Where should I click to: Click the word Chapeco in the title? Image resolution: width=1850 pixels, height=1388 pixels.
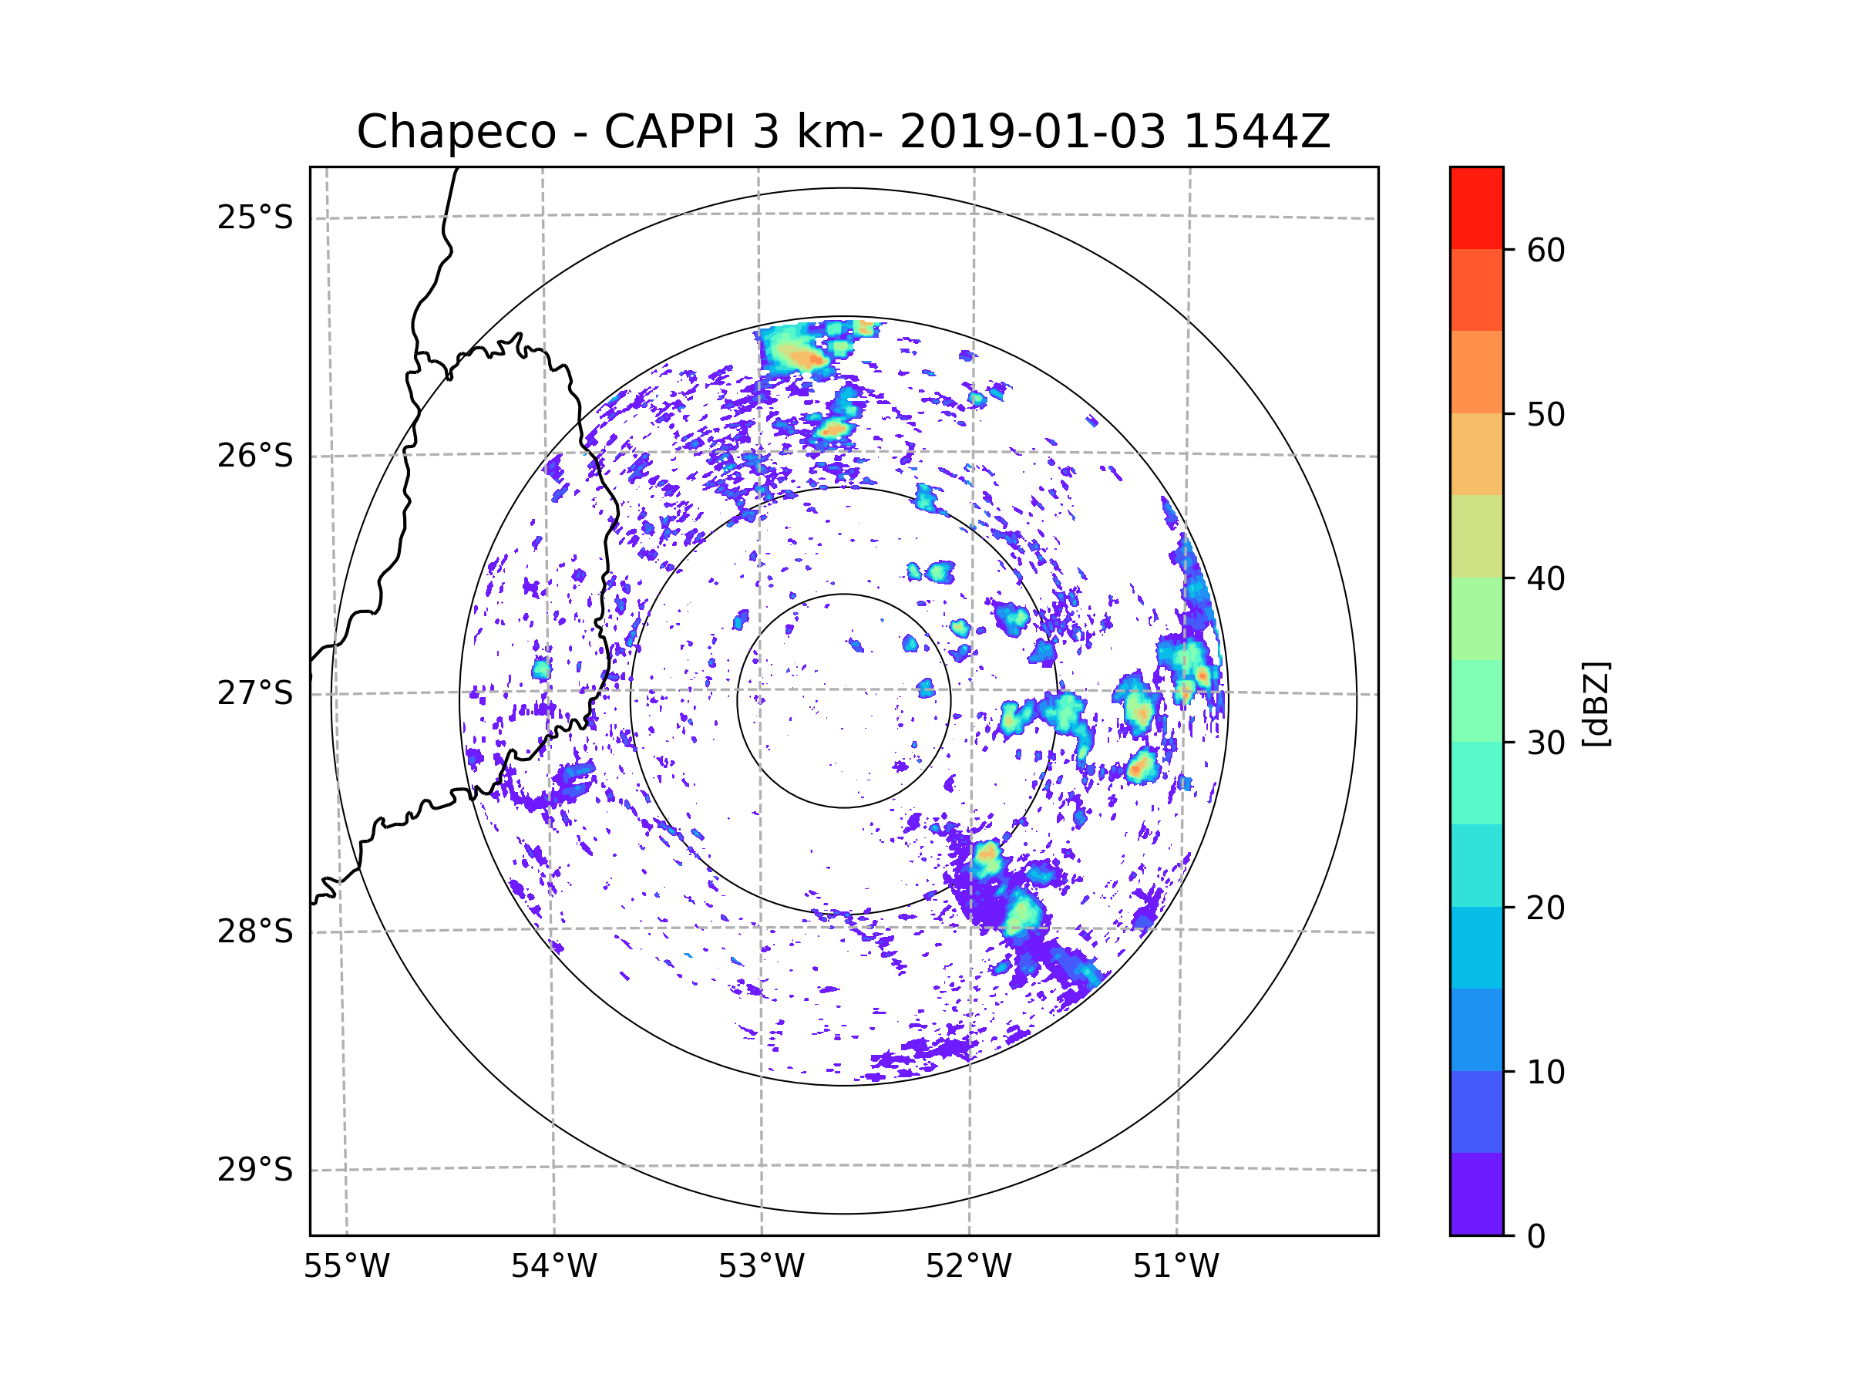pyautogui.click(x=456, y=132)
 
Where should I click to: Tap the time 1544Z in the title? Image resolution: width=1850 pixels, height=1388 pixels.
pyautogui.click(x=1256, y=132)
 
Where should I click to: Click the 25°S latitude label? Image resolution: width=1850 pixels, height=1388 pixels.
pyautogui.click(x=255, y=217)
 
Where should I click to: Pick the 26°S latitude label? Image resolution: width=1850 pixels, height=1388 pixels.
pyautogui.click(x=255, y=456)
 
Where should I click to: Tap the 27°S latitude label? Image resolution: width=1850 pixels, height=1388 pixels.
pyautogui.click(x=255, y=693)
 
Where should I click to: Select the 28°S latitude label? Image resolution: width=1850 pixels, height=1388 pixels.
pyautogui.click(x=255, y=932)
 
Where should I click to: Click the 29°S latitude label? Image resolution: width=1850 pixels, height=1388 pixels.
pyautogui.click(x=255, y=1170)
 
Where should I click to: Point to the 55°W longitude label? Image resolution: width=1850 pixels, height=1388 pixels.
pyautogui.click(x=346, y=1267)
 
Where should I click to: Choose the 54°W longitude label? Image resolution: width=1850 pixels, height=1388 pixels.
pyautogui.click(x=553, y=1267)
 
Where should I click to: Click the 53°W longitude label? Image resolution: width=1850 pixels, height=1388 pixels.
pyautogui.click(x=761, y=1267)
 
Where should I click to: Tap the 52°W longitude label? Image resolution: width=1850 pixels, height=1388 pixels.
pyautogui.click(x=968, y=1267)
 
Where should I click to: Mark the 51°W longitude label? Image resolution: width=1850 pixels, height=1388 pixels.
pyautogui.click(x=1176, y=1267)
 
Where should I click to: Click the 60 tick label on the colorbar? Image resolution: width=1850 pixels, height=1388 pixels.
pyautogui.click(x=1546, y=250)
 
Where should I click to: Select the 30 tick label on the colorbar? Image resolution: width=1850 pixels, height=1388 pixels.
pyautogui.click(x=1546, y=743)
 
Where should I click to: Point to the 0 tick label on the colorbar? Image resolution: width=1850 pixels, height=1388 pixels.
pyautogui.click(x=1536, y=1237)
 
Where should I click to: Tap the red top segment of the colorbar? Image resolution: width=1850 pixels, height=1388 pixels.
pyautogui.click(x=1476, y=207)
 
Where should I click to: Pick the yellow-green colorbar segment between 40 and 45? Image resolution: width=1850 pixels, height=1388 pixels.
pyautogui.click(x=1476, y=536)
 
